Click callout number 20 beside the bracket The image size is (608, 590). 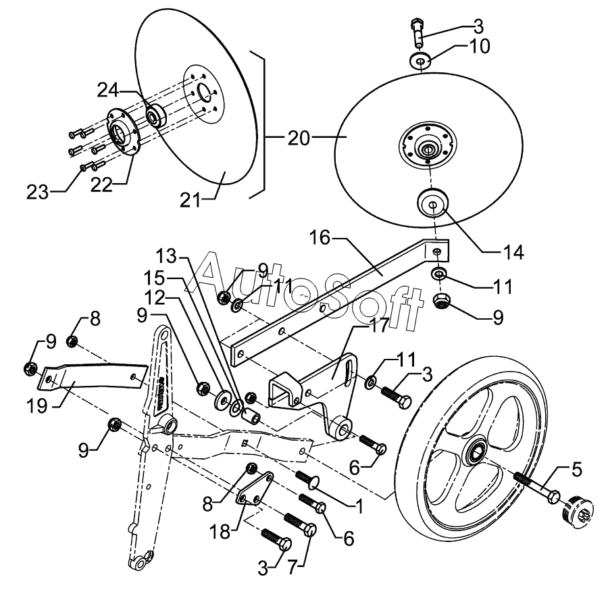(299, 138)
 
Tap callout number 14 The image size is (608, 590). (513, 252)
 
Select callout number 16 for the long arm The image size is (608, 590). (320, 238)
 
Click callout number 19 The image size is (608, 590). (37, 406)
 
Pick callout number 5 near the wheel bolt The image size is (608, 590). (577, 470)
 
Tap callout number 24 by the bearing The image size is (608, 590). (107, 91)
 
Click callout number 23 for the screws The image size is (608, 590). (38, 192)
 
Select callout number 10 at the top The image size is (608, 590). (480, 46)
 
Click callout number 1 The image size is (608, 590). (359, 507)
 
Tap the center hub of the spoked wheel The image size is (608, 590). (476, 452)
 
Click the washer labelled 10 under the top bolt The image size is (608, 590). (421, 61)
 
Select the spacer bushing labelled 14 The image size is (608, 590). (432, 203)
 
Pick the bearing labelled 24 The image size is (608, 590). (155, 115)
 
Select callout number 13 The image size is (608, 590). (166, 256)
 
